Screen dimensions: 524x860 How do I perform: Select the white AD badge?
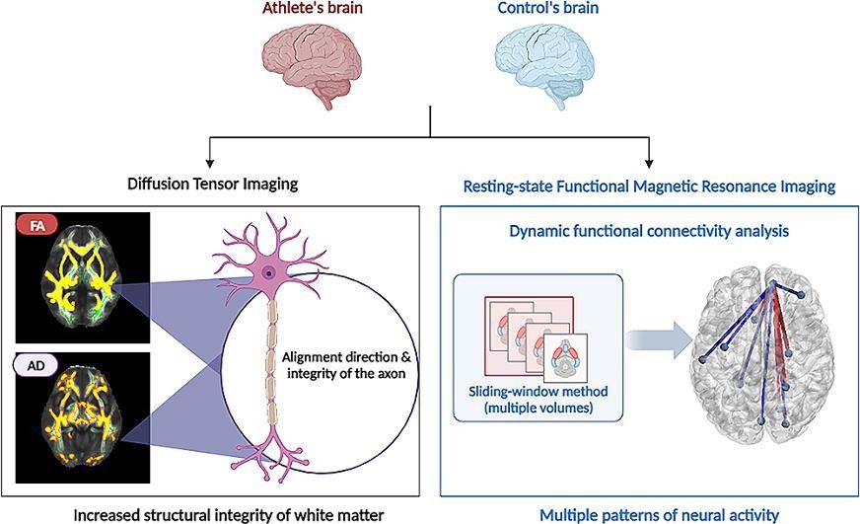[x=36, y=364]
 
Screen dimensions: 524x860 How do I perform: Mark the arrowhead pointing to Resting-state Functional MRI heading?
[x=650, y=162]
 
